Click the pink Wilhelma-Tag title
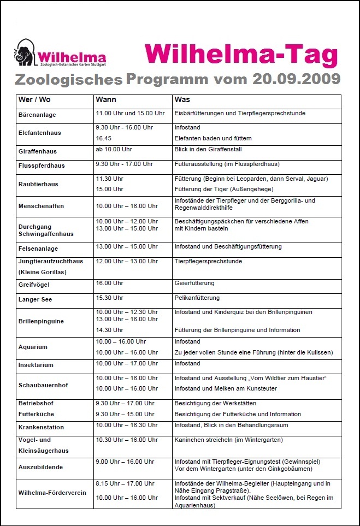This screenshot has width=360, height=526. pos(241,55)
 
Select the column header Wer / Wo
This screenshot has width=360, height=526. pos(32,101)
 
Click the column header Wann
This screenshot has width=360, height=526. pos(105,101)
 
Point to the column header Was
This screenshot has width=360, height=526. pos(182,101)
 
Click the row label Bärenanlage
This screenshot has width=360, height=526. pos(37,115)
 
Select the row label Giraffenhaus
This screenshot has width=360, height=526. pos(38,151)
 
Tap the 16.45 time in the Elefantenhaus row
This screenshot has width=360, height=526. pos(104,138)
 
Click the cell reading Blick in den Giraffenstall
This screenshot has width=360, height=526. pos(208,149)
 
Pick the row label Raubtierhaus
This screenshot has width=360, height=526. pos(38,184)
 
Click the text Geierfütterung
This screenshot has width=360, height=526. pos(194,283)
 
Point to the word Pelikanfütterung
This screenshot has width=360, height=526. pos(197,298)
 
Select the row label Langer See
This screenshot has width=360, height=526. pos(35,299)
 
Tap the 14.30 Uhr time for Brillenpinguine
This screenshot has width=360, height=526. pos(110,330)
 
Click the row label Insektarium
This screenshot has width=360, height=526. pos(36,365)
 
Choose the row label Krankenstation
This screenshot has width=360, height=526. pos(41,427)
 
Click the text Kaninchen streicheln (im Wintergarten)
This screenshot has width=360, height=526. pos(228,440)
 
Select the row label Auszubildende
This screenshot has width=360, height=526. pos(40,468)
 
